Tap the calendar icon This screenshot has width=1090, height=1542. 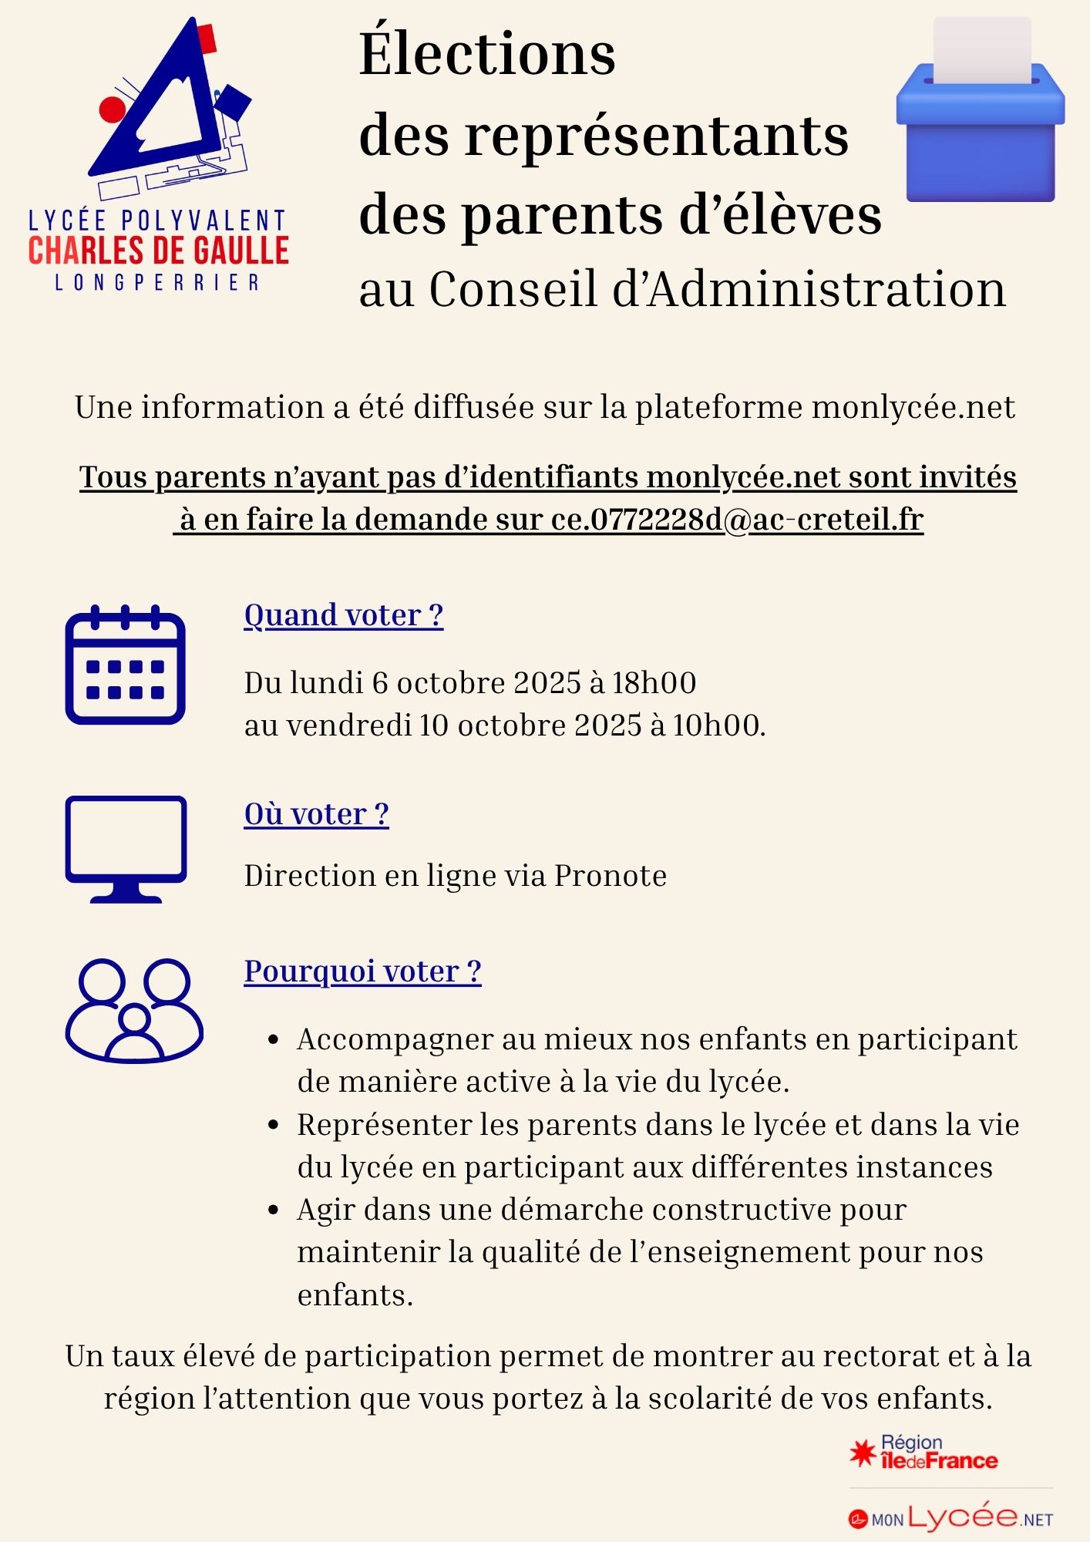pyautogui.click(x=125, y=665)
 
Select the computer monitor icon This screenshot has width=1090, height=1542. pyautogui.click(x=126, y=849)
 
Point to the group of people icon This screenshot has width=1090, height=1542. pyautogui.click(x=134, y=1010)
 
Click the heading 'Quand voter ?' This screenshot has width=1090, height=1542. pyautogui.click(x=344, y=615)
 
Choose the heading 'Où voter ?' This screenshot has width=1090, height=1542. pyautogui.click(x=316, y=814)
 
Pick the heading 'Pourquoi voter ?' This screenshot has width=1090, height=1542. pyautogui.click(x=362, y=971)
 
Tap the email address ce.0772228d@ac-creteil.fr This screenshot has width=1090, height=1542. pyautogui.click(x=737, y=520)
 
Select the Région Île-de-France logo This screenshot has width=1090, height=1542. pyautogui.click(x=923, y=1453)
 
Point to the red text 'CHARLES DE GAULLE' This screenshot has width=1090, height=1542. pyautogui.click(x=159, y=251)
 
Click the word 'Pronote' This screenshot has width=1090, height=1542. pyautogui.click(x=611, y=876)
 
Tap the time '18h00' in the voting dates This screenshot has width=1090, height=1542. pyautogui.click(x=654, y=683)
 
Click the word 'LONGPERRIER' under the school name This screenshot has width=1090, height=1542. pyautogui.click(x=157, y=283)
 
